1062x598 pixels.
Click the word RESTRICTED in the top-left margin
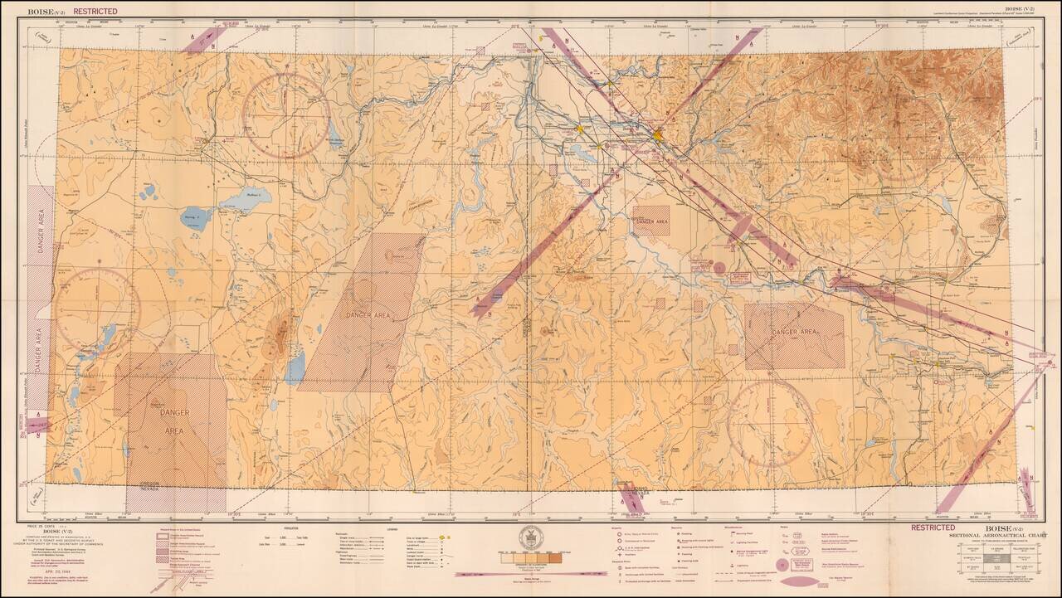pyautogui.click(x=95, y=12)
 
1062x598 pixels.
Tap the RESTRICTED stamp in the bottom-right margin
pyautogui.click(x=933, y=527)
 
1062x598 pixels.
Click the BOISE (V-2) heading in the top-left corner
pyautogui.click(x=47, y=12)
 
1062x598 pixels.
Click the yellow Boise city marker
pyautogui.click(x=657, y=134)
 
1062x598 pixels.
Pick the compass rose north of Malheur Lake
pyautogui.click(x=286, y=115)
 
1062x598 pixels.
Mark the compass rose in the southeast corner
pyautogui.click(x=770, y=423)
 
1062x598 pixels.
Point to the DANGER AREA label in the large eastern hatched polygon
pyautogui.click(x=794, y=333)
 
